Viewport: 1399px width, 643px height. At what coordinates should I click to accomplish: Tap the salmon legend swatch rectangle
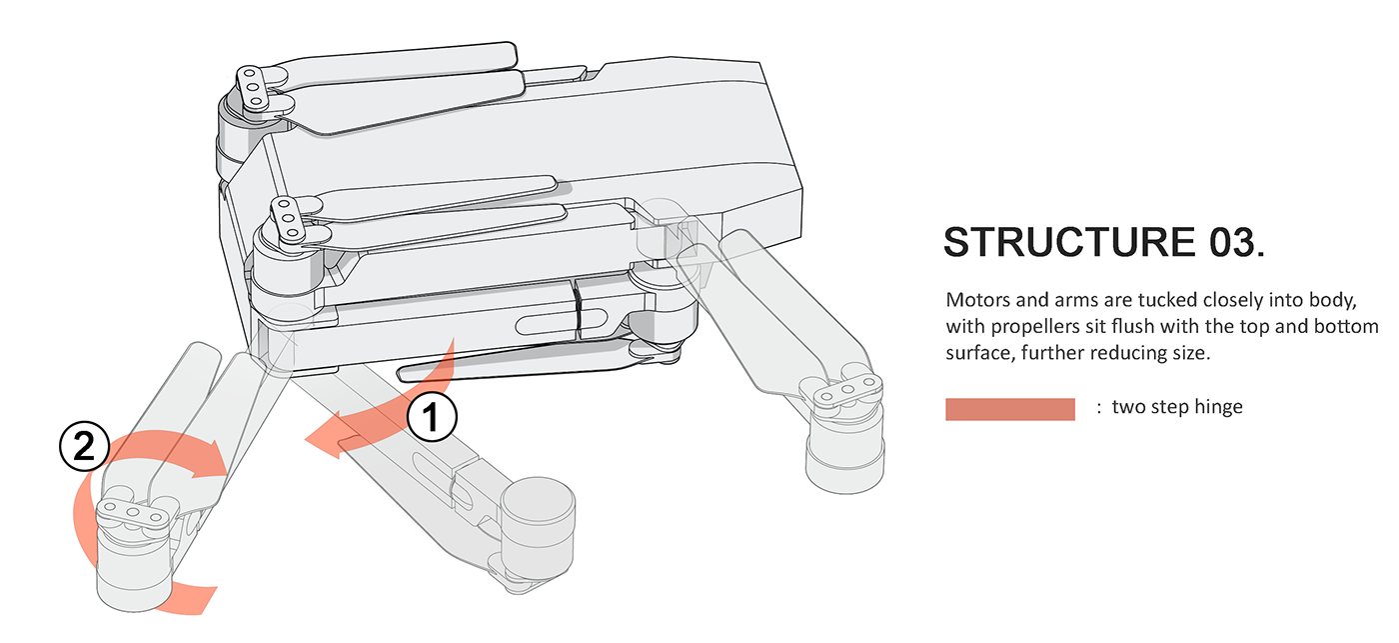tap(1009, 408)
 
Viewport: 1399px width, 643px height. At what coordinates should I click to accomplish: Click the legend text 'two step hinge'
tap(1177, 407)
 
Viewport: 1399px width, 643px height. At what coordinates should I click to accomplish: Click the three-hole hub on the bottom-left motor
tap(131, 513)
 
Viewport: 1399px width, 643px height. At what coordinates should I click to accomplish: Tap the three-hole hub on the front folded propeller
tap(287, 217)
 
